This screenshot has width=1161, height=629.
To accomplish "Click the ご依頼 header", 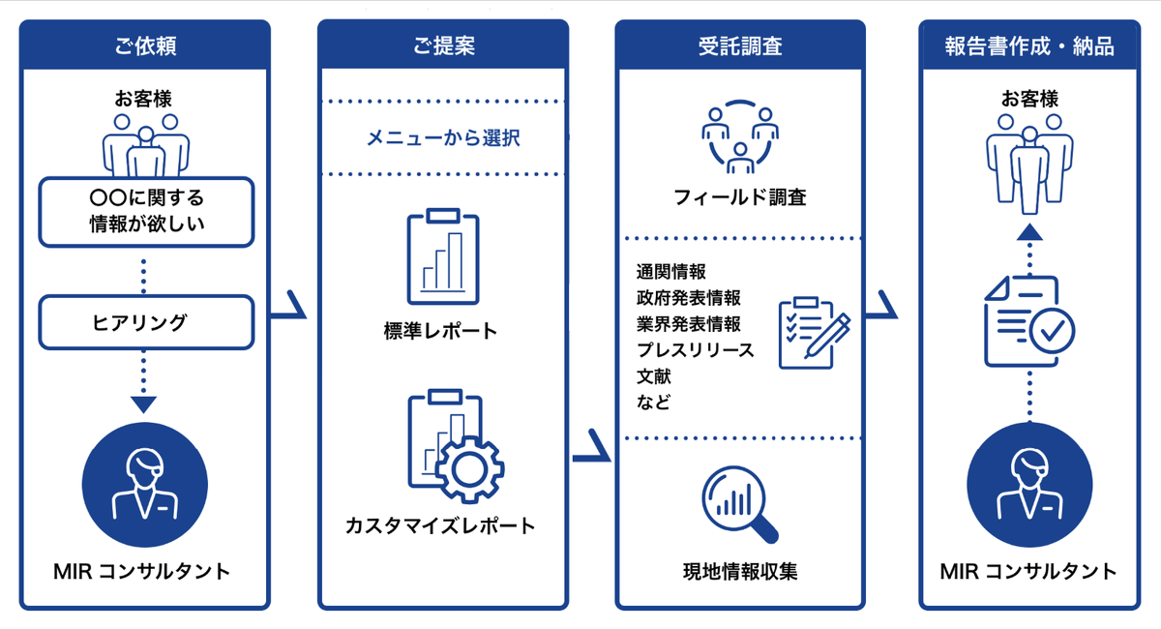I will click(x=144, y=45).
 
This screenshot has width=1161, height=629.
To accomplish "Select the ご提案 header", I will click(x=442, y=45).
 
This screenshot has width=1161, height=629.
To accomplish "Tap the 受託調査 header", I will click(x=739, y=45).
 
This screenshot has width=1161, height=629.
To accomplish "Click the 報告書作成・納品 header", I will click(x=1029, y=45).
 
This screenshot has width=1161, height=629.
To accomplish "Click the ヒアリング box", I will click(x=145, y=322).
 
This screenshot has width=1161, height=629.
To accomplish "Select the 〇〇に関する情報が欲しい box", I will click(x=145, y=211).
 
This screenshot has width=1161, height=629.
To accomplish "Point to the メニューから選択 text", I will click(x=442, y=138).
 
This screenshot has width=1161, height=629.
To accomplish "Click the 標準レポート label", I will click(x=440, y=331).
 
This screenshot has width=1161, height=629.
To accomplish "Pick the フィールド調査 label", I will click(x=740, y=197).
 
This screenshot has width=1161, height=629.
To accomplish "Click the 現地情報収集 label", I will click(x=740, y=572).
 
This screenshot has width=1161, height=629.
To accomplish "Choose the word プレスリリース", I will click(x=695, y=349).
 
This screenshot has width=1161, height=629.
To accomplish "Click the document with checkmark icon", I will click(x=1028, y=322).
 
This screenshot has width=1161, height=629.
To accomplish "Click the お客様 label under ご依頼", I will click(x=144, y=99).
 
